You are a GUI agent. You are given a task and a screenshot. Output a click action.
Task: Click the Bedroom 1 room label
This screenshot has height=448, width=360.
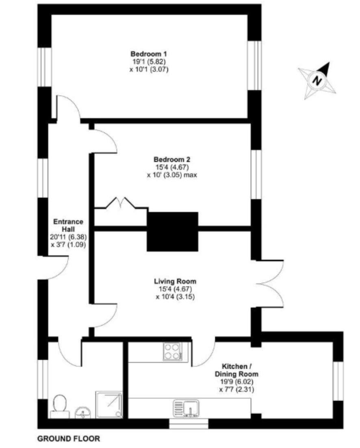149,54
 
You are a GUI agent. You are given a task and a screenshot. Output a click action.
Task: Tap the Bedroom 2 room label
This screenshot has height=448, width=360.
172,159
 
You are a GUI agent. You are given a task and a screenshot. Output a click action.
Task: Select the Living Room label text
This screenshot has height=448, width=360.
175,281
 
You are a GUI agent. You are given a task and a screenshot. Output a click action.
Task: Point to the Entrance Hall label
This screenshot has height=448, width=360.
68,225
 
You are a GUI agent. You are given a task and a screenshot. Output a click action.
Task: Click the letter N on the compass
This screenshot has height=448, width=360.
317,80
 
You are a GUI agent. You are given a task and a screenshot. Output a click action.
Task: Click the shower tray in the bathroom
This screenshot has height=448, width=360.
108,404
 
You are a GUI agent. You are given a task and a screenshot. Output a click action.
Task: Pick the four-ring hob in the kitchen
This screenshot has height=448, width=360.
172,351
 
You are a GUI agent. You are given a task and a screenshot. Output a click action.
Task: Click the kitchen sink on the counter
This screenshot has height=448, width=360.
186,408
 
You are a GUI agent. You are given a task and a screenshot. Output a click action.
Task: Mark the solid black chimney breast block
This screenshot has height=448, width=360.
172,231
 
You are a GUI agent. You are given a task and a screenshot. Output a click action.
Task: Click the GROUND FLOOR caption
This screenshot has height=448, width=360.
68,439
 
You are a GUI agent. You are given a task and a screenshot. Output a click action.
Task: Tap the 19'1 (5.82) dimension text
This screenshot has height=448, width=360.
149,62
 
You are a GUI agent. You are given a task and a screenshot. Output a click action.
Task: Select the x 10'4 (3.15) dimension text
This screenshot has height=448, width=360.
175,297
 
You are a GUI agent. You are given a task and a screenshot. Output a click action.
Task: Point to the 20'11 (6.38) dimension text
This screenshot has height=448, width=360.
68,237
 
